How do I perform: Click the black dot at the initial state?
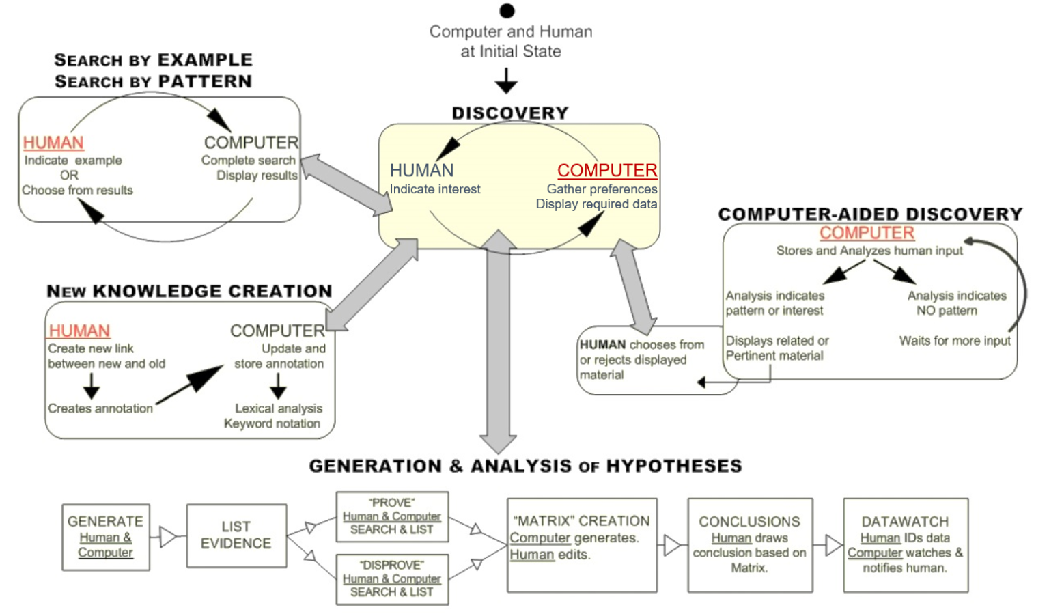point(507,11)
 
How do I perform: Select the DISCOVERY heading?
point(509,113)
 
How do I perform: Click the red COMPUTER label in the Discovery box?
point(607,170)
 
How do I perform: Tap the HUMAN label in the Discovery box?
point(421,170)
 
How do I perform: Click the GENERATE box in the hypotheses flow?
point(106,537)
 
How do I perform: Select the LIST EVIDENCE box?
point(236,535)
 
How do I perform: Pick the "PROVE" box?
point(392,516)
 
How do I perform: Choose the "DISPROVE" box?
point(392,579)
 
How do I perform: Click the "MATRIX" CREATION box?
point(581,544)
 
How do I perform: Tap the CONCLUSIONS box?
point(750,544)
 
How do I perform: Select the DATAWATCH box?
point(906,544)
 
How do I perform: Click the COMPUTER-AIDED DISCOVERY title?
point(870,214)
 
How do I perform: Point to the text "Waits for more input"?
point(955,341)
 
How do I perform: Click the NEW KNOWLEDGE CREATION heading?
point(189,291)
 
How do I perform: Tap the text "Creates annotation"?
point(100,408)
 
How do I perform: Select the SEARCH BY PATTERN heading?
point(153,81)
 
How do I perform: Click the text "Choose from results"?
point(77,190)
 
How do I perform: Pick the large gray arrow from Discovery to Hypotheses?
point(499,341)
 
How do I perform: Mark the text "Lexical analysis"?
point(279,408)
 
